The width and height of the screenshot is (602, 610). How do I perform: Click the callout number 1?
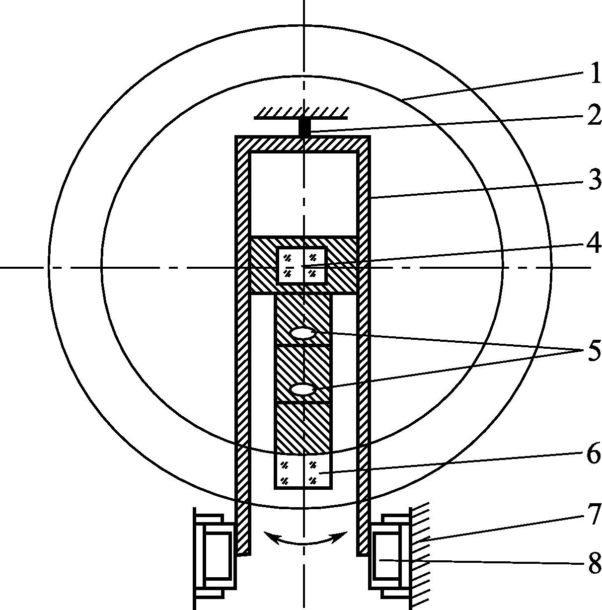(594, 73)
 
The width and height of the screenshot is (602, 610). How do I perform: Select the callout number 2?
(594, 115)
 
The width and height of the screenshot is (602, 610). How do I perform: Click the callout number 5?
(594, 350)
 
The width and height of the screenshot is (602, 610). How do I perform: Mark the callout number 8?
(595, 563)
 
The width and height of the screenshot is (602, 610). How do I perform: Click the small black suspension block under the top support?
(304, 128)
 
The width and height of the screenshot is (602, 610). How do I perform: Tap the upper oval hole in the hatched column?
(303, 333)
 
